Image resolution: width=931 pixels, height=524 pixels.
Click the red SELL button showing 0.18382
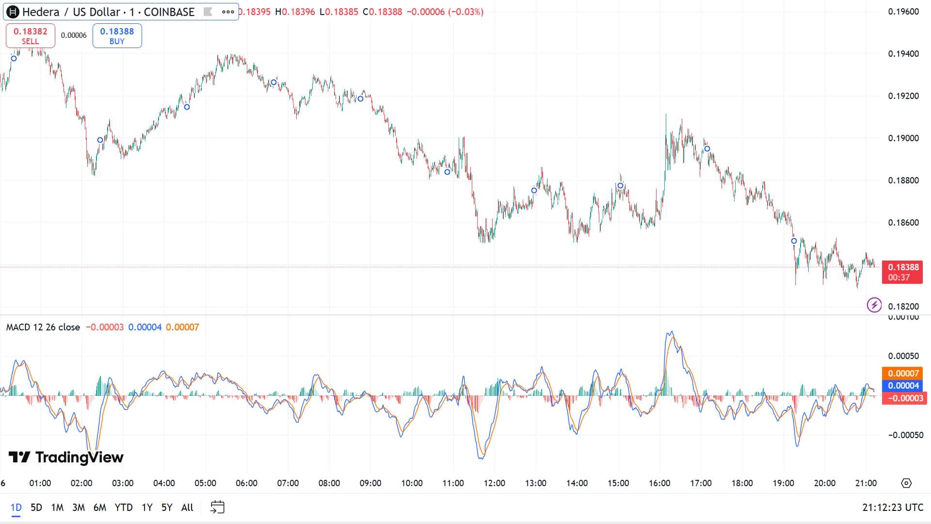click(x=30, y=36)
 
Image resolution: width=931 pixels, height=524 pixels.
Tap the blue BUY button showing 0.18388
click(x=117, y=36)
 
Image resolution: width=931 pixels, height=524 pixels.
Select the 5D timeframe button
click(x=36, y=508)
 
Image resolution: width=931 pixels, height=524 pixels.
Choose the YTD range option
click(x=124, y=508)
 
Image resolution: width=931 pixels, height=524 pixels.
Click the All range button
click(x=187, y=508)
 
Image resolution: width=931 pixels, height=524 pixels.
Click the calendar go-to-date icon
click(x=217, y=508)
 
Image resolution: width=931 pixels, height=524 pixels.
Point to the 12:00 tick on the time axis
click(x=494, y=483)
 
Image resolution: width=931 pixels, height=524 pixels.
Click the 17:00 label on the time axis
click(x=701, y=483)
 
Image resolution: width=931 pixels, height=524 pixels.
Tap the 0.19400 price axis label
click(x=903, y=54)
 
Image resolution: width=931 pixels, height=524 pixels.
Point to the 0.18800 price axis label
click(x=903, y=180)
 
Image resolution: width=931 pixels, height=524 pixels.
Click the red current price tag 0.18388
click(x=902, y=272)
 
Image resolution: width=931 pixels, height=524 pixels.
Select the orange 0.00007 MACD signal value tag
click(x=902, y=373)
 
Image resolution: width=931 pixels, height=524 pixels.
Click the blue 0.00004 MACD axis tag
click(x=902, y=386)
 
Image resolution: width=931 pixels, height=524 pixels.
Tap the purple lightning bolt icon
click(x=874, y=305)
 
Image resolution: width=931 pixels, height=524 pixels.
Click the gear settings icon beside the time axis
click(x=906, y=483)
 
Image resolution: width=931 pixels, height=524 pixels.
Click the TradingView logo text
click(x=66, y=457)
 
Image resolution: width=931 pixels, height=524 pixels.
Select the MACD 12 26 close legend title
click(x=43, y=327)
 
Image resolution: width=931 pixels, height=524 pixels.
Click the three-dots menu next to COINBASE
click(x=228, y=12)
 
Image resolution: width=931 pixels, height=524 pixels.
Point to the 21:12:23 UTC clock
click(x=893, y=508)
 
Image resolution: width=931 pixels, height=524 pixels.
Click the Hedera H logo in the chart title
click(x=13, y=12)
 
